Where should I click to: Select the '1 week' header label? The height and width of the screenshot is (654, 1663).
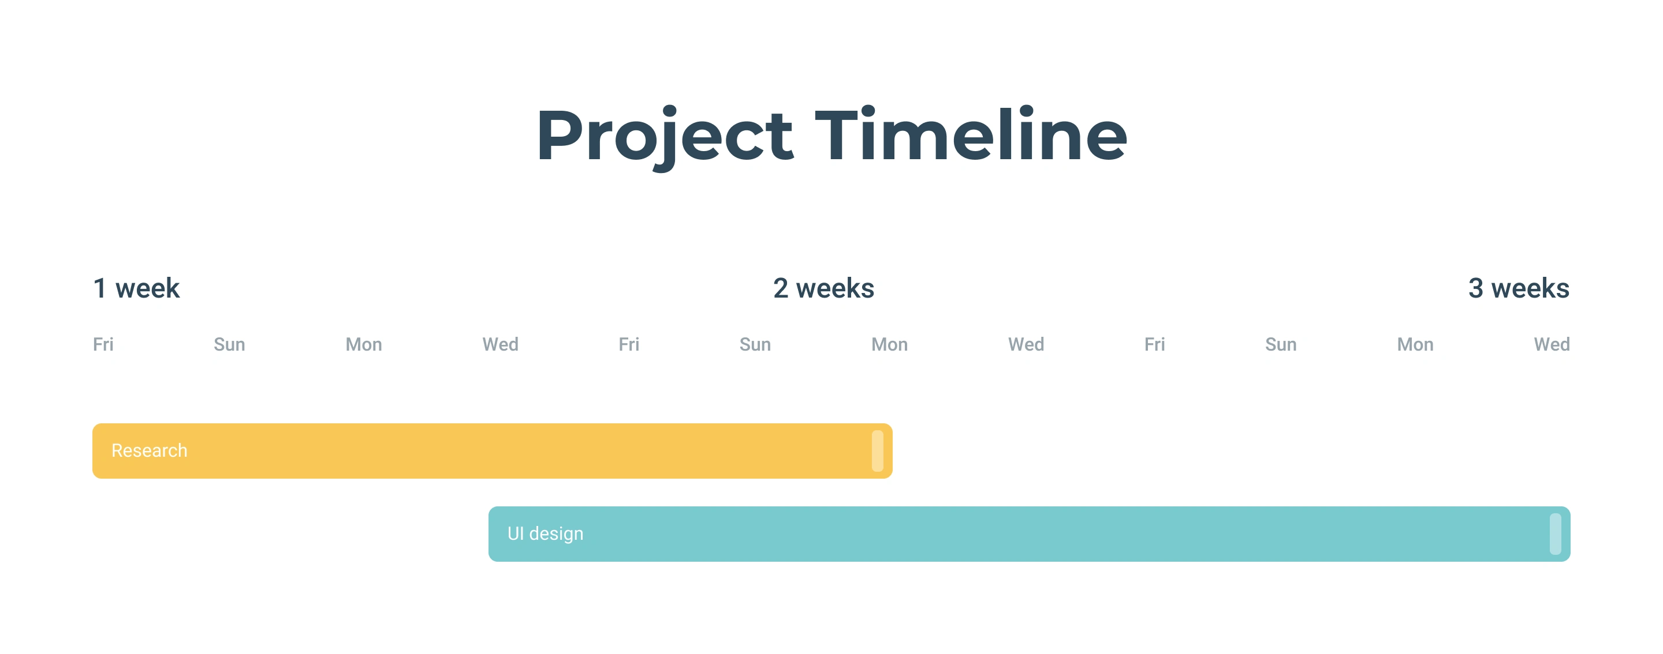[136, 288]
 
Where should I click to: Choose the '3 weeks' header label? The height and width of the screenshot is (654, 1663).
[1519, 288]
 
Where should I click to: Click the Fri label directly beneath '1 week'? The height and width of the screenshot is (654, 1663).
[103, 344]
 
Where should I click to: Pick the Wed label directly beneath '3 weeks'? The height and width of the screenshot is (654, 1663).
[1552, 344]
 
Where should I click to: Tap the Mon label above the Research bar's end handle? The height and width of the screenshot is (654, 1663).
[890, 344]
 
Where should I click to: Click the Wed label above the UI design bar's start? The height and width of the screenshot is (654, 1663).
[500, 344]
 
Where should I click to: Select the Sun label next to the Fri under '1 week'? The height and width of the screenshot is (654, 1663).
[229, 344]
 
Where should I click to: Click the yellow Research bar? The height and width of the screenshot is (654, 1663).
[493, 451]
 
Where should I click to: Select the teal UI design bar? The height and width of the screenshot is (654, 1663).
[1030, 534]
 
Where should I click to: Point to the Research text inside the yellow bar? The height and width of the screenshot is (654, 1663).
[149, 450]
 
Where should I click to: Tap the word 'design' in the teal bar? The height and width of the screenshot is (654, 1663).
[556, 534]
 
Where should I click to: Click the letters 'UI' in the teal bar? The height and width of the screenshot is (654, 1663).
[515, 533]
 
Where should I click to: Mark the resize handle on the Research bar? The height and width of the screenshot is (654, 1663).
[877, 451]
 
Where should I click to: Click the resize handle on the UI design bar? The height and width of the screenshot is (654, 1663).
[1555, 534]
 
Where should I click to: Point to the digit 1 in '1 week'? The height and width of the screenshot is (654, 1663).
[99, 288]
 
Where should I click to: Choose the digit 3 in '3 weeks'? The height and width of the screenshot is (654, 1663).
[1476, 288]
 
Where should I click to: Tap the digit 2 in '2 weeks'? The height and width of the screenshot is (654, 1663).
[781, 288]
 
